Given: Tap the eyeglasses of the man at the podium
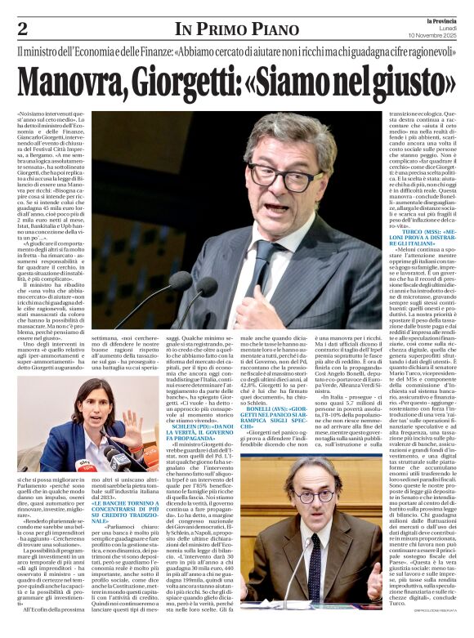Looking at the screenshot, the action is coord(301,176).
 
